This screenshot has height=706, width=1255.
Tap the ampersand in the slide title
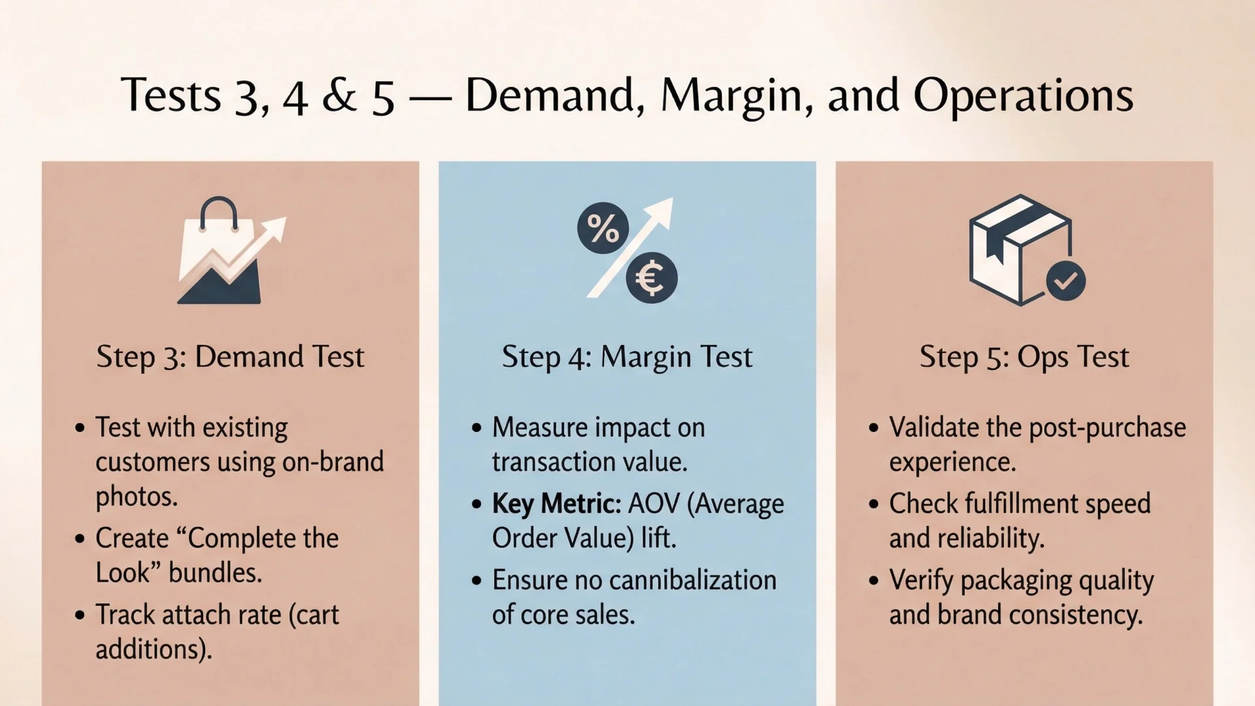339,96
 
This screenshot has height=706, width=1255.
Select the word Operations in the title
1023,96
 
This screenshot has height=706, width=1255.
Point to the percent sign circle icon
603,228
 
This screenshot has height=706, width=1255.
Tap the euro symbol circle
651,278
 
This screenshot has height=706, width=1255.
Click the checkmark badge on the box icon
1065,280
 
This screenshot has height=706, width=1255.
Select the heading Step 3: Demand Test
230,357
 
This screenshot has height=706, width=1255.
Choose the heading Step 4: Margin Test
627,357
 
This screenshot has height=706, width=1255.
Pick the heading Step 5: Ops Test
1024,357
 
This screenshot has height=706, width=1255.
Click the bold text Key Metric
556,504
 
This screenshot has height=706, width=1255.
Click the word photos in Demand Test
136,497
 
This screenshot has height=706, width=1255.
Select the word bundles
215,573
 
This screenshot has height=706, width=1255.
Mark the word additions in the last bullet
153,649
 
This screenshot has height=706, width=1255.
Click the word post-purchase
1107,428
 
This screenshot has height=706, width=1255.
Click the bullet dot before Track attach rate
80,615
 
